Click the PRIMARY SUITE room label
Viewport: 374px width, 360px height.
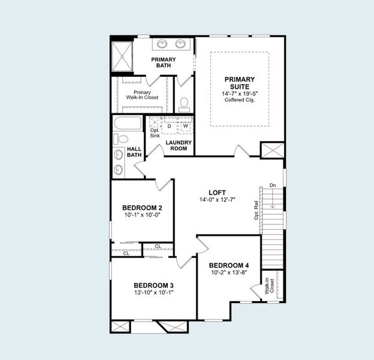[240, 83]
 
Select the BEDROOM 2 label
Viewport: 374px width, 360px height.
[142, 208]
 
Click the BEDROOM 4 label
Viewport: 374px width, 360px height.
[228, 265]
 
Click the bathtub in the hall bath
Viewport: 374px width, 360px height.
[127, 124]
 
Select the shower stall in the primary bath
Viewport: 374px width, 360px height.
[122, 55]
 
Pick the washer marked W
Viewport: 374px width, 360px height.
[185, 126]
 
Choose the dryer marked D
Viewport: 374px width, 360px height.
[170, 126]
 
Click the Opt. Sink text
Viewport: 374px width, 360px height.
[155, 133]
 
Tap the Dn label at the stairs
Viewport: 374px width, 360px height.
[273, 185]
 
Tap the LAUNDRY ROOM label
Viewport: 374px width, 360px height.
[178, 145]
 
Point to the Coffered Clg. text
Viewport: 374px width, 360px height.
[240, 100]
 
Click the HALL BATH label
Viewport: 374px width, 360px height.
[134, 152]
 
